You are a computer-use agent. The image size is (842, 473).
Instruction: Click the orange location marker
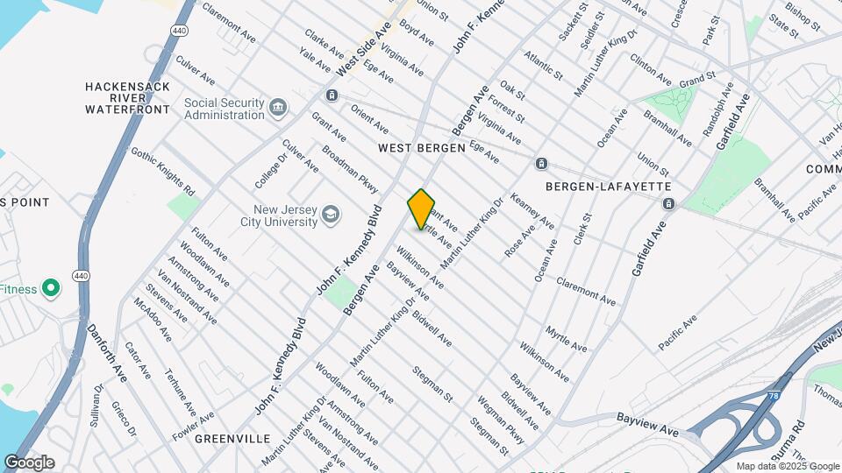click(421, 209)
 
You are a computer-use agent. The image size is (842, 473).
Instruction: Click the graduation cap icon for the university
click(331, 215)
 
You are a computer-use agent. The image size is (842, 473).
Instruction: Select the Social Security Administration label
click(224, 109)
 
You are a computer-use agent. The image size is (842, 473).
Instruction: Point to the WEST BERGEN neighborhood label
click(421, 149)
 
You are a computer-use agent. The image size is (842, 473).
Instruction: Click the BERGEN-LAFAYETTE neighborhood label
click(608, 187)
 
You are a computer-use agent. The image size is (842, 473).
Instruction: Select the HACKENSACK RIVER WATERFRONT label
click(127, 98)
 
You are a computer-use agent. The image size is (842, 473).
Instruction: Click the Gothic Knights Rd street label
click(163, 171)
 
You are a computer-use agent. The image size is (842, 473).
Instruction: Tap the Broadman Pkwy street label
click(349, 169)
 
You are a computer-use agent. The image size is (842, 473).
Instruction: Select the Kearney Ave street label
click(532, 211)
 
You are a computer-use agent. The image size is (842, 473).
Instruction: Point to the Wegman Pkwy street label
click(496, 419)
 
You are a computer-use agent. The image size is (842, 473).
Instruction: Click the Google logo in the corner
click(29, 462)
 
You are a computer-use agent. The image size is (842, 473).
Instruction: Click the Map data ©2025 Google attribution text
click(786, 466)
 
